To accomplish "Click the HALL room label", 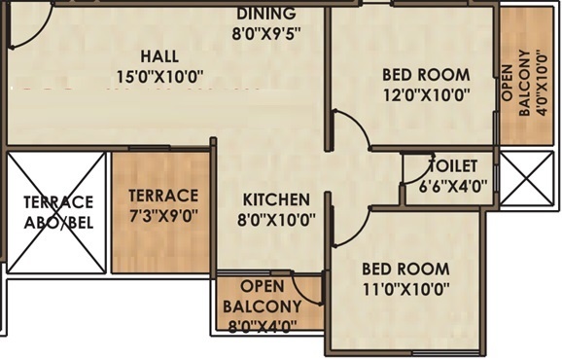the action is (159, 56).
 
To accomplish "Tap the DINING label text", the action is (266, 14).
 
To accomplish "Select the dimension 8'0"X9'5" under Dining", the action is (266, 34).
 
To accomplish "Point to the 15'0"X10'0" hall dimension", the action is (159, 77).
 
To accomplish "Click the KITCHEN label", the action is (276, 199).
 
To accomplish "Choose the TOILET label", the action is (454, 166).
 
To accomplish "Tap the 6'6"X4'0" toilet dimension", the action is (453, 187).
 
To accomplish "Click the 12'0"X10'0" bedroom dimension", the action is (427, 95).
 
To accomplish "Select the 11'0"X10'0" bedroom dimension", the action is (406, 289).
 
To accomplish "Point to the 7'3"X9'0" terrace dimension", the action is (163, 216).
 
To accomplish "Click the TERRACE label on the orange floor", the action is (163, 196).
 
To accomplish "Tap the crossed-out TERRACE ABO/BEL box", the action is (56, 212).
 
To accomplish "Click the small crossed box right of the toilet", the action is (527, 178).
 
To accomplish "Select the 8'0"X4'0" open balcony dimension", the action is (263, 327).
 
